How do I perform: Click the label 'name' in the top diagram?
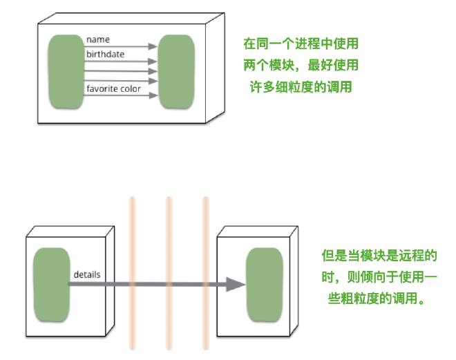pyautogui.click(x=98, y=39)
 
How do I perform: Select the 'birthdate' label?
pyautogui.click(x=106, y=53)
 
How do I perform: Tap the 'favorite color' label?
pyautogui.click(x=113, y=88)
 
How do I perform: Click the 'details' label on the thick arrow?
pyautogui.click(x=87, y=274)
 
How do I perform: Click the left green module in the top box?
pyautogui.click(x=66, y=72)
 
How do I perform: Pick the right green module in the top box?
pyautogui.click(x=176, y=72)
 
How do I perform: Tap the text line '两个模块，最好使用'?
pyautogui.click(x=301, y=66)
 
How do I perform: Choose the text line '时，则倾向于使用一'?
pyautogui.click(x=380, y=278)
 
